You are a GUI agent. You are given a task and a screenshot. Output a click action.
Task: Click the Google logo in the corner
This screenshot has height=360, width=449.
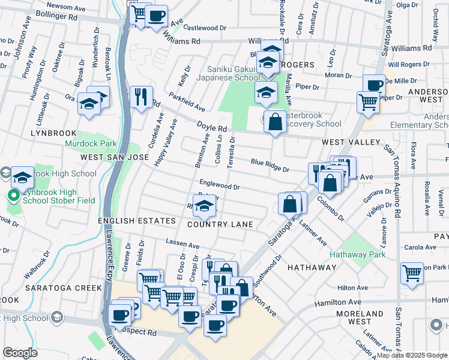coord(20,353)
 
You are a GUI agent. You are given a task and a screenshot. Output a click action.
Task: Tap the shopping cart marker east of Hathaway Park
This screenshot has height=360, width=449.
coord(412,273)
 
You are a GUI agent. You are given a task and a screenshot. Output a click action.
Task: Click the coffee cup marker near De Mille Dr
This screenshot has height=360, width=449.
coord(374,85)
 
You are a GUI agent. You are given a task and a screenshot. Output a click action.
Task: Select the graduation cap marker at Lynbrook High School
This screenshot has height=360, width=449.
coord(22,178)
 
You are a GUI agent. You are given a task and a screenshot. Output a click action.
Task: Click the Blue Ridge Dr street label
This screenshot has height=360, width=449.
coord(270,165)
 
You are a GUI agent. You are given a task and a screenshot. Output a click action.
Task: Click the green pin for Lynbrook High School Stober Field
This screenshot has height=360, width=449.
coord(12,196)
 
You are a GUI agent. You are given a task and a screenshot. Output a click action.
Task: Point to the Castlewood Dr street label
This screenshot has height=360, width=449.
coord(205,28)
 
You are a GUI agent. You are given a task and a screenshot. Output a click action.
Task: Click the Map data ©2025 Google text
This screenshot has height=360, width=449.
coord(412,355)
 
